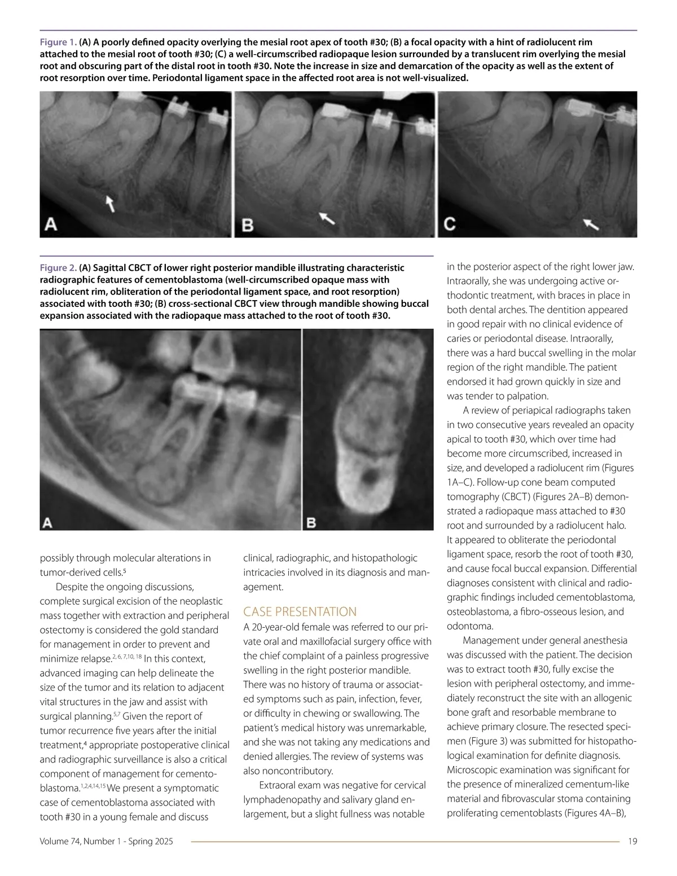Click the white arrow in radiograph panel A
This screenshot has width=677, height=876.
(111, 203)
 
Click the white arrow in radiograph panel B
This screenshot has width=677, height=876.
(327, 218)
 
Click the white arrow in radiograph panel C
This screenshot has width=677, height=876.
(591, 224)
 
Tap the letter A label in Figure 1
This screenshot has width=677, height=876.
(51, 225)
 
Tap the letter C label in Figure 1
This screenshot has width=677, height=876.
(450, 224)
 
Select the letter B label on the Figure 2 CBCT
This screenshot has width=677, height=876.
(311, 522)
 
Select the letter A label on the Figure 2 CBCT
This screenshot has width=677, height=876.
(48, 523)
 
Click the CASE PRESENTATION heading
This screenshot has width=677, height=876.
(300, 612)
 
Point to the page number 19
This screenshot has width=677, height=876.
(632, 842)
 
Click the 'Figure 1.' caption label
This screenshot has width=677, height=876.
(58, 42)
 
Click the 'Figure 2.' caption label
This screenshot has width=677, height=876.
(58, 268)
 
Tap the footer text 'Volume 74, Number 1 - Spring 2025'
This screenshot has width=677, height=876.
(107, 842)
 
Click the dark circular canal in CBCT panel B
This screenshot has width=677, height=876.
(370, 477)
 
